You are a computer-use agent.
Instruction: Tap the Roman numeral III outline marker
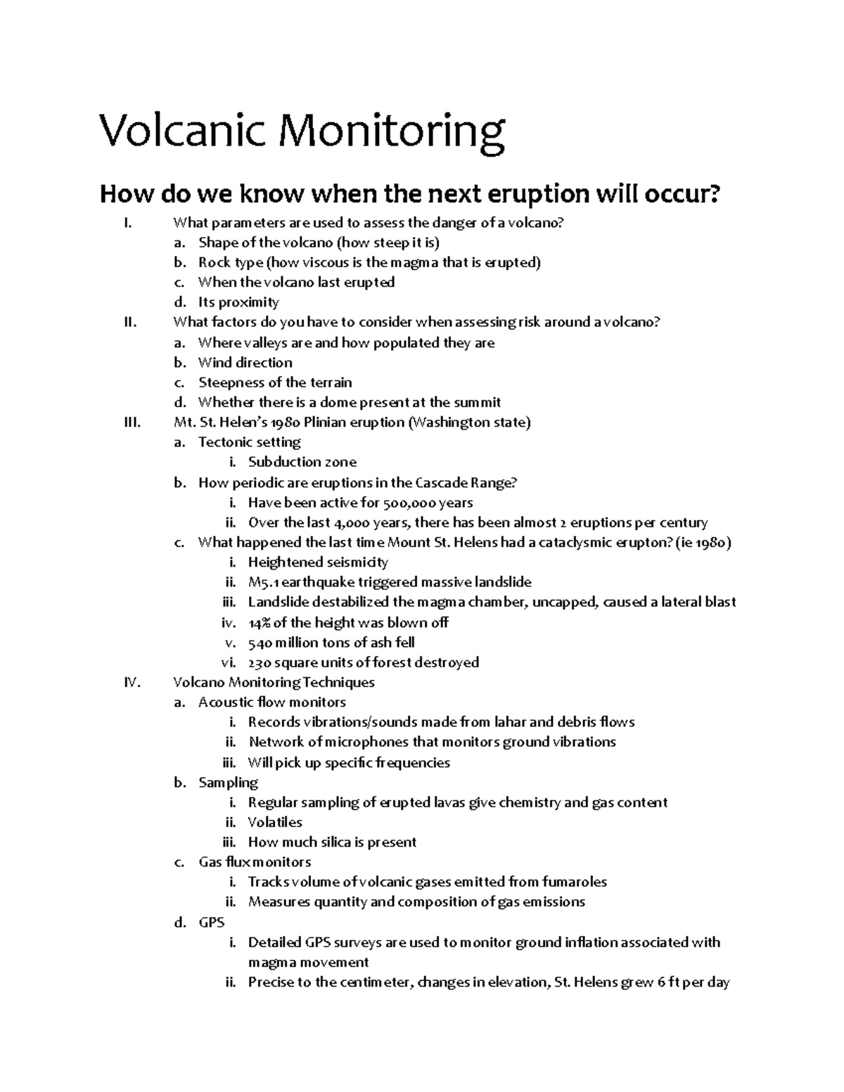tap(132, 423)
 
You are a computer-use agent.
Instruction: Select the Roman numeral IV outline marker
tap(132, 682)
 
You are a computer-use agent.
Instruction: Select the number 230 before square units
tap(260, 662)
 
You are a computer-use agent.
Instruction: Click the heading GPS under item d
tap(211, 922)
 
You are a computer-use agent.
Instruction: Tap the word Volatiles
tap(275, 822)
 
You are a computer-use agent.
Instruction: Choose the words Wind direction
tap(245, 363)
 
